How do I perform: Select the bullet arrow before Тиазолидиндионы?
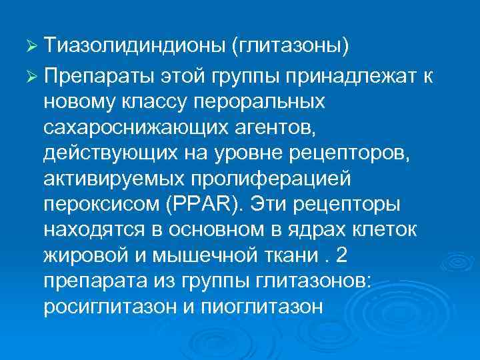tap(29, 49)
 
